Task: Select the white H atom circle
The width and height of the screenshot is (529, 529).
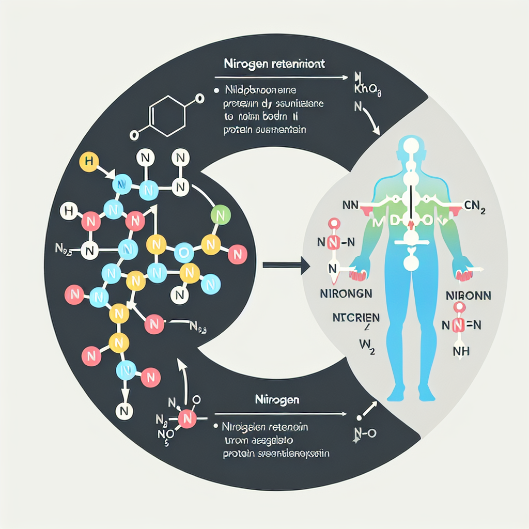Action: pos(67,211)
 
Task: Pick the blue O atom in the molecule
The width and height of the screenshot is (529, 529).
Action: pos(183,252)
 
